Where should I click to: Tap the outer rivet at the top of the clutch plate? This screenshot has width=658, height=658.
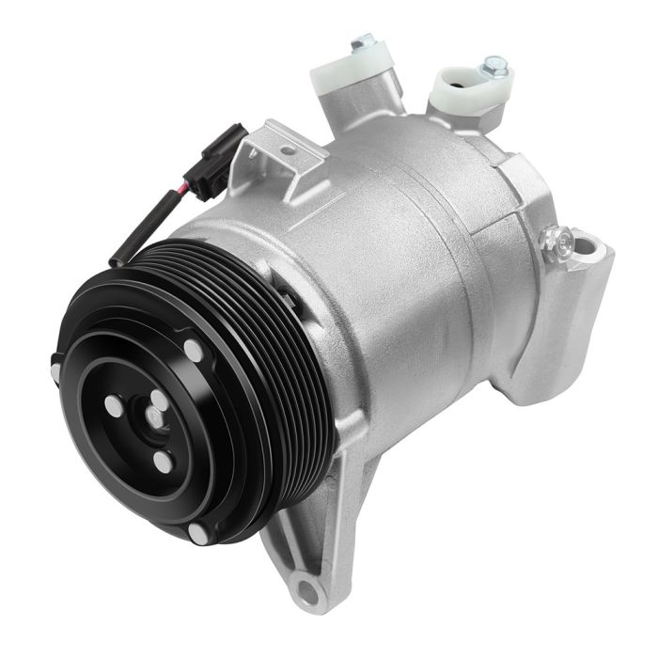[194, 350]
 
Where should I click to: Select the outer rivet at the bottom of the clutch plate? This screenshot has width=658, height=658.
[198, 533]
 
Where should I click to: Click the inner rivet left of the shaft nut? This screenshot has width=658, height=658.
[113, 406]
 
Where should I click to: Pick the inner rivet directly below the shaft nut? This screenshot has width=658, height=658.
[164, 463]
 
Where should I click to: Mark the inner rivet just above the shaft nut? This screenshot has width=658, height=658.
[159, 400]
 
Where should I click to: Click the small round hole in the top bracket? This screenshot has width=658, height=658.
[286, 149]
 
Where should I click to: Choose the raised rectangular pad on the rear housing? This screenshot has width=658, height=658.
[522, 179]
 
